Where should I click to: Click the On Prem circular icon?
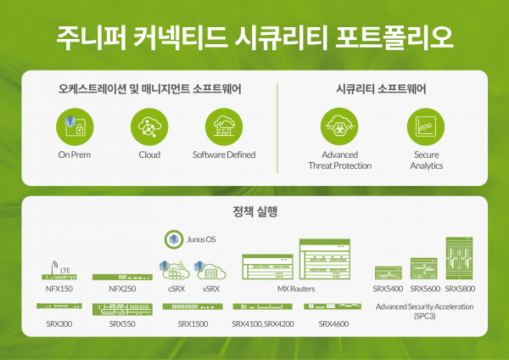75,127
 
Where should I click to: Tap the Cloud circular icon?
149,127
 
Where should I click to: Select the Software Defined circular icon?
224,127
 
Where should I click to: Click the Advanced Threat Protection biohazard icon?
339,127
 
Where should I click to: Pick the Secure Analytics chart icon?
426,127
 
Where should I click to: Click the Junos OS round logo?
174,239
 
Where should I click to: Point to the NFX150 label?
59,289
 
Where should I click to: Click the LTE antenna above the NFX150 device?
54,267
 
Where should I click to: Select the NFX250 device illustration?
122,277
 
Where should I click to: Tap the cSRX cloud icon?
175,270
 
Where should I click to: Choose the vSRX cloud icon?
210,270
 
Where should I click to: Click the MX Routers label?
296,289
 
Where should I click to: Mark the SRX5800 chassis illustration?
459,258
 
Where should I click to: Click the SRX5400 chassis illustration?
389,273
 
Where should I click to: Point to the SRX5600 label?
425,289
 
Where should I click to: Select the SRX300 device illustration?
59,306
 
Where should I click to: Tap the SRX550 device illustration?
122,309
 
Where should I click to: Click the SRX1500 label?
193,324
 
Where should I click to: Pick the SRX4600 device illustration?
333,307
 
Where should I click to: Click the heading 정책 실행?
255,211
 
